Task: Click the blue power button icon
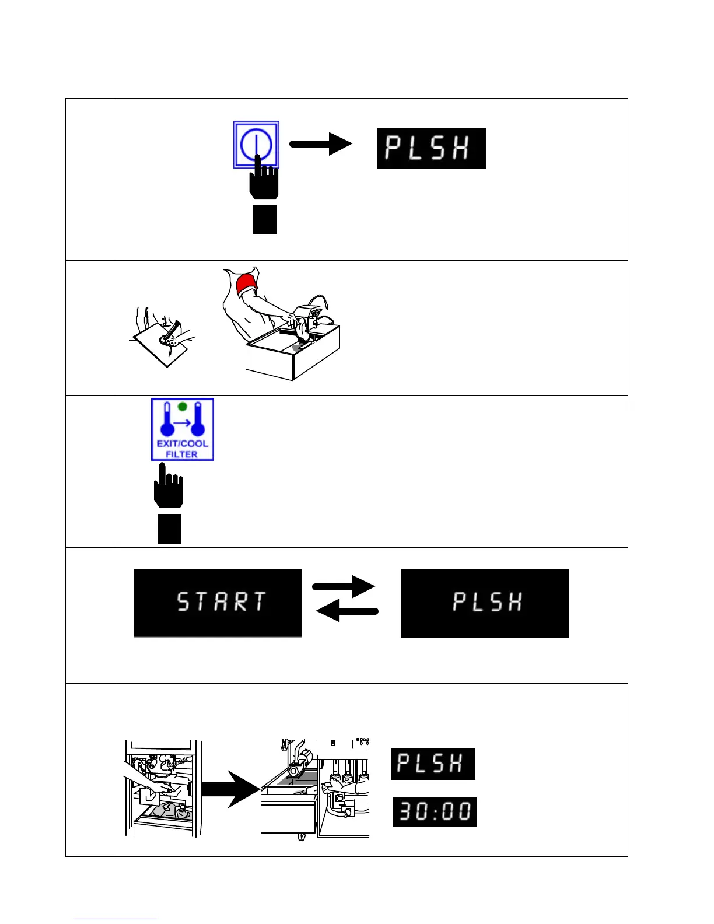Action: (x=256, y=144)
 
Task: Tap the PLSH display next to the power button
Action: (x=431, y=149)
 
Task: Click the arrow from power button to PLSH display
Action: (x=321, y=144)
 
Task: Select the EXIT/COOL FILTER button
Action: (x=183, y=429)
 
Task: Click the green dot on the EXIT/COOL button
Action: (x=182, y=407)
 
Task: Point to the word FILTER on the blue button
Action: (x=181, y=454)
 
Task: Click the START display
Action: (x=218, y=603)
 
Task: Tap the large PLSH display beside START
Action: (x=485, y=603)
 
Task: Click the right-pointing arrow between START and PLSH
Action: (x=344, y=586)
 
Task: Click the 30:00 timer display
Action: (x=435, y=811)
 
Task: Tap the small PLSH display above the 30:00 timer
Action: (x=433, y=764)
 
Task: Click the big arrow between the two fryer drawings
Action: (x=230, y=789)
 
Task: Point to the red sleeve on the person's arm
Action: (x=246, y=285)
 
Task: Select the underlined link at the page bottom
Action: (x=116, y=919)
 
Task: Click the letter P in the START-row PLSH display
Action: (x=460, y=602)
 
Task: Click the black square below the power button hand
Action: (x=264, y=219)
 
